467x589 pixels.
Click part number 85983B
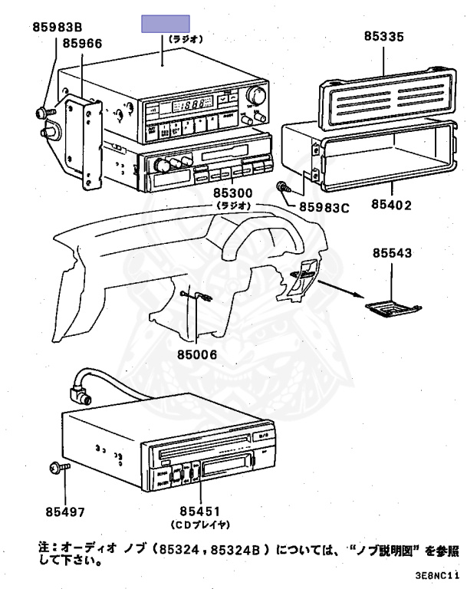click(58, 28)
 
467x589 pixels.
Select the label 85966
click(82, 44)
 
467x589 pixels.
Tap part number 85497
click(64, 510)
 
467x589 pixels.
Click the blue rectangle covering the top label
click(164, 23)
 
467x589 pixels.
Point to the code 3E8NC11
click(438, 574)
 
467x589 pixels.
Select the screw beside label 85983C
click(284, 187)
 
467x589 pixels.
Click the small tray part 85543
click(393, 306)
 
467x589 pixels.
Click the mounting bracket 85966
click(84, 142)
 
